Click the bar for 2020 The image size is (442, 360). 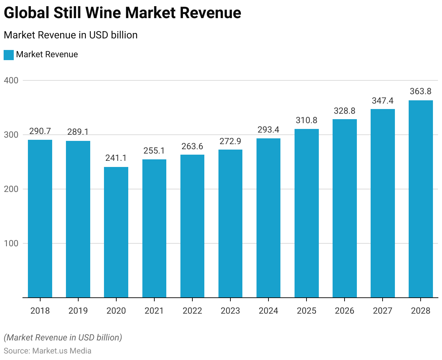tap(116, 232)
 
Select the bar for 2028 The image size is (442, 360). tap(421, 199)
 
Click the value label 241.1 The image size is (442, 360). tap(116, 158)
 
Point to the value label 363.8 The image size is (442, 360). tap(421, 91)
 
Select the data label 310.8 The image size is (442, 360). tap(307, 120)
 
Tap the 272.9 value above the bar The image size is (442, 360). tap(230, 141)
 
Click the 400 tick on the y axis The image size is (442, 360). tap(11, 80)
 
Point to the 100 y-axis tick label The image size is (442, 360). tap(11, 243)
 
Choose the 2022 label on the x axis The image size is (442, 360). tap(192, 311)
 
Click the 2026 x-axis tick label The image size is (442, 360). tap(345, 311)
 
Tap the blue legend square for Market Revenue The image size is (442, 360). tap(9, 55)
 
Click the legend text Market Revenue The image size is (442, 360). tap(47, 55)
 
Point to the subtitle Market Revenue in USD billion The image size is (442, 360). tap(71, 35)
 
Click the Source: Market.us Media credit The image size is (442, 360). tap(47, 351)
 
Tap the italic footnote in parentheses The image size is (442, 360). tap(63, 338)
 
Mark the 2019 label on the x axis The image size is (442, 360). tap(78, 311)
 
